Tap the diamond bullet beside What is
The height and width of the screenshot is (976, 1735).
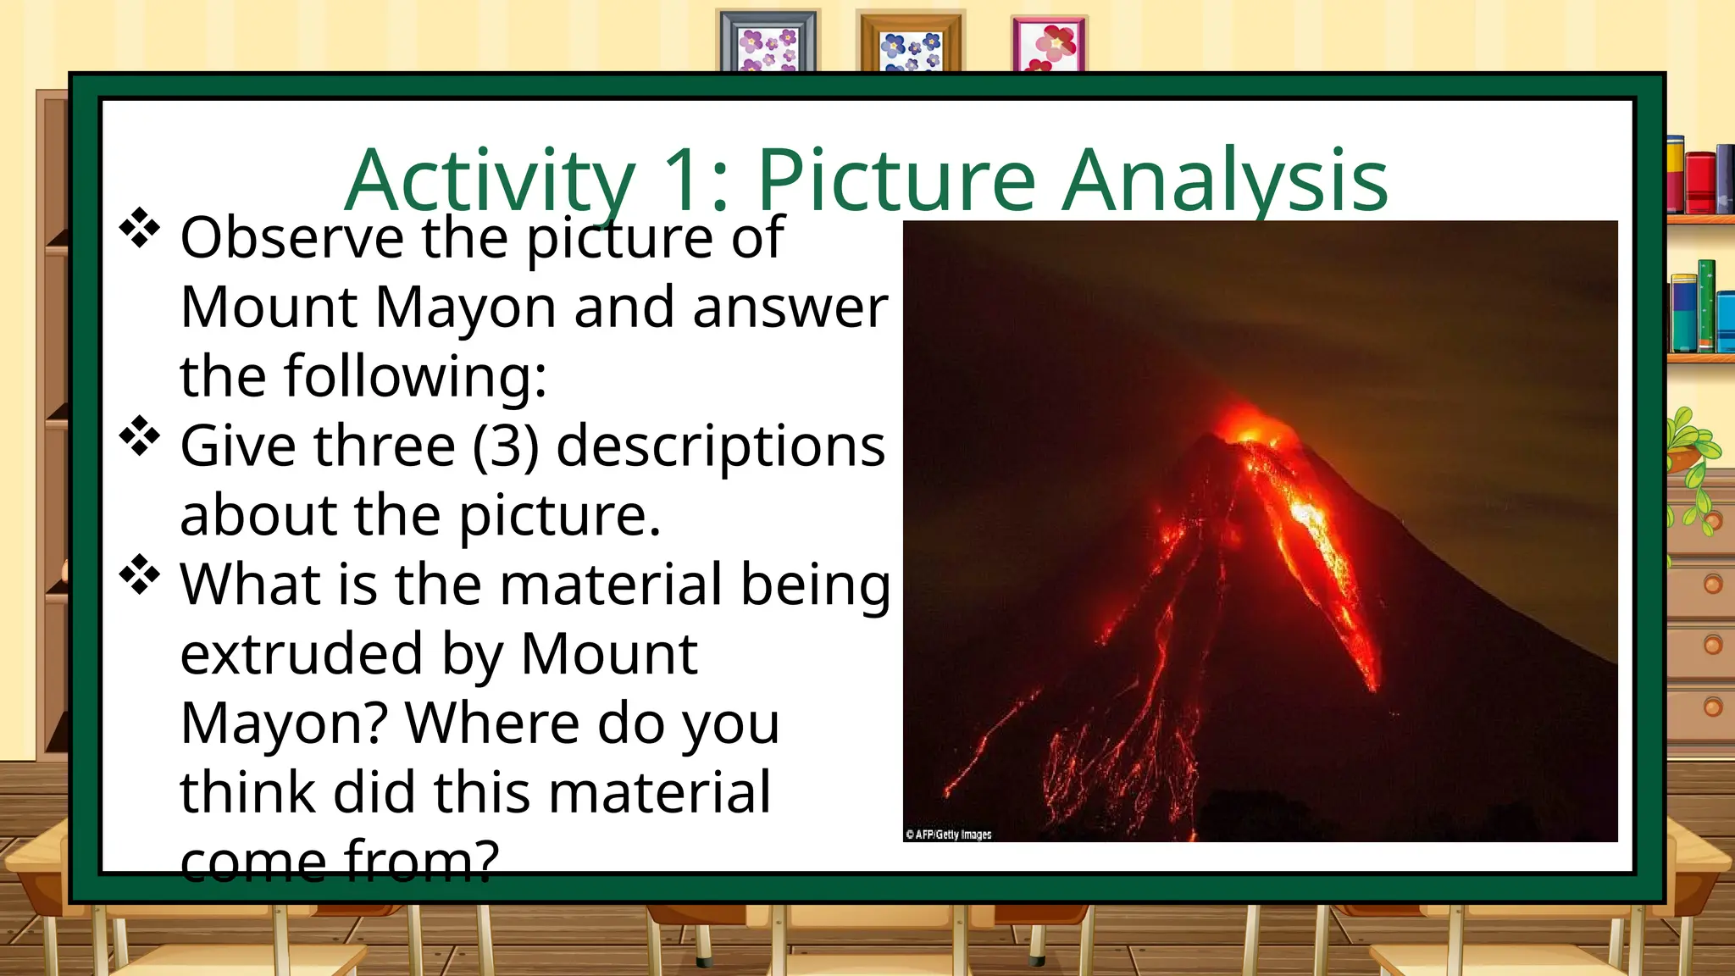coord(140,575)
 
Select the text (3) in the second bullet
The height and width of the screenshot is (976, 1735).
coord(505,446)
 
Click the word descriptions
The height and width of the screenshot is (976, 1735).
coord(720,446)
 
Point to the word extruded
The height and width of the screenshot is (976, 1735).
coord(301,654)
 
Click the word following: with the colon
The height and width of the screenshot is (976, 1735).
coord(415,376)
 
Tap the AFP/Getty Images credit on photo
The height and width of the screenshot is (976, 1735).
coord(949,835)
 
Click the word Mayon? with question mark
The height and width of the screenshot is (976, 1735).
coord(284,724)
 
